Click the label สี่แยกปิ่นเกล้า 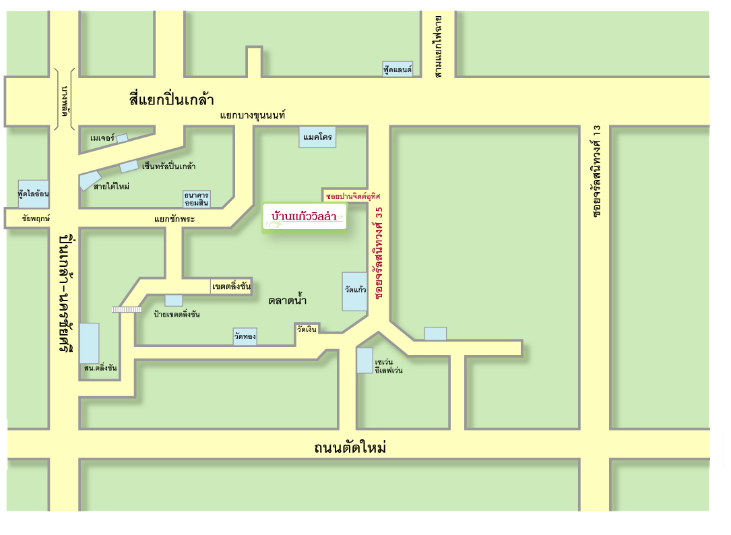pyautogui.click(x=171, y=100)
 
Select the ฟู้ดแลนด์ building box pyautogui.click(x=398, y=69)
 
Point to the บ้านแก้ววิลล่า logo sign pyautogui.click(x=305, y=218)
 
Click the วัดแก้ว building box pyautogui.click(x=355, y=291)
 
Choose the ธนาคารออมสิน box pyautogui.click(x=197, y=199)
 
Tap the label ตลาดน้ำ pyautogui.click(x=288, y=301)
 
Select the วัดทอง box pyautogui.click(x=245, y=336)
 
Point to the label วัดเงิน pyautogui.click(x=307, y=329)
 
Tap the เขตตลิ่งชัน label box pyautogui.click(x=231, y=286)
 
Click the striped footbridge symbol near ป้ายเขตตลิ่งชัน pyautogui.click(x=126, y=309)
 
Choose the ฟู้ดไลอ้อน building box pyautogui.click(x=34, y=193)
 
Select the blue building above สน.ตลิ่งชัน pyautogui.click(x=89, y=343)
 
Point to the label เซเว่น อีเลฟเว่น pyautogui.click(x=389, y=366)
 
